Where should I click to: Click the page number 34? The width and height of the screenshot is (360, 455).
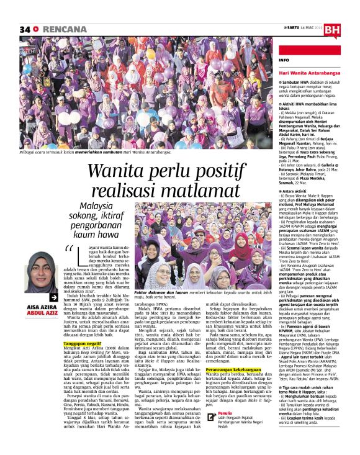click(x=25, y=29)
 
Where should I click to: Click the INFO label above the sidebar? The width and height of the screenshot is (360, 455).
click(x=284, y=60)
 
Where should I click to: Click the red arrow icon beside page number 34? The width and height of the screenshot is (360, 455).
click(x=36, y=29)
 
